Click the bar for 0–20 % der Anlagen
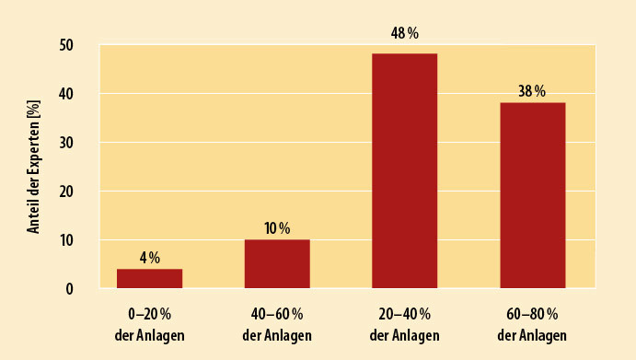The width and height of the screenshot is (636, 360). tap(149, 278)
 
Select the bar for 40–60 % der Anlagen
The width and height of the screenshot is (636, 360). tap(277, 264)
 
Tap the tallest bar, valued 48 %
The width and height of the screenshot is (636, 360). tap(405, 171)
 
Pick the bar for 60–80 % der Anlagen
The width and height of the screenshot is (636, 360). tap(533, 195)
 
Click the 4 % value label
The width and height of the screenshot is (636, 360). tap(149, 258)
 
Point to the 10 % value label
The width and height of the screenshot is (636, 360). tap(277, 228)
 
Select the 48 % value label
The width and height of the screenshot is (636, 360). tap(405, 33)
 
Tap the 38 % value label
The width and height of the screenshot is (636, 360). tap(532, 91)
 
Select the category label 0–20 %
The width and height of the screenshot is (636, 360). tap(149, 315)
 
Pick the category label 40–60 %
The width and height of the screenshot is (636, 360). tap(277, 315)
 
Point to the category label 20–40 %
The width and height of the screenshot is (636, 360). tap(405, 315)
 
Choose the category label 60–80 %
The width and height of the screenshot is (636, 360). tap(533, 315)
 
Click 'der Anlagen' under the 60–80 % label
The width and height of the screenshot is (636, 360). tap(533, 334)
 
